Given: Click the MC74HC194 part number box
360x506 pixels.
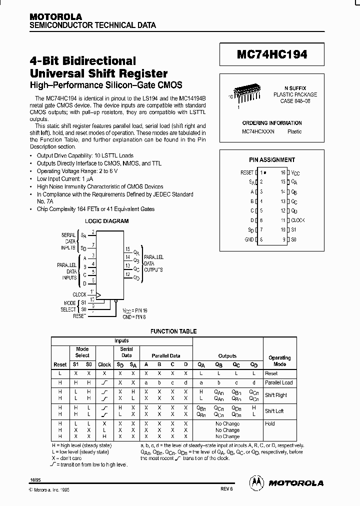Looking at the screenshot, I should [x=271, y=54].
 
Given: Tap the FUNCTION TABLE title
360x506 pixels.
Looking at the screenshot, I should [x=173, y=331].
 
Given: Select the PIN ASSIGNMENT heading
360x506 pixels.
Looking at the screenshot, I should [x=272, y=160].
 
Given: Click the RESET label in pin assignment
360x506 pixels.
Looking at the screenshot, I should [x=247, y=172].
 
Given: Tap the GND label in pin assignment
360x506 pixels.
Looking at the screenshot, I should [x=248, y=239].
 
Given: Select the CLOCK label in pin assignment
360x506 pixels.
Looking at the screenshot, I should [x=298, y=220].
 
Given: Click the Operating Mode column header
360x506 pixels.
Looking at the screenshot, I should [x=279, y=360].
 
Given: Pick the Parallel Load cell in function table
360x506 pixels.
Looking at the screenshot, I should [x=279, y=382].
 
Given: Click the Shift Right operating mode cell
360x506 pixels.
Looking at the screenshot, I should [x=276, y=395].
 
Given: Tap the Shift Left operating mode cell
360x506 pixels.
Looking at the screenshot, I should [x=274, y=411].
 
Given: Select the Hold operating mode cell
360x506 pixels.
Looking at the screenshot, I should [x=270, y=423].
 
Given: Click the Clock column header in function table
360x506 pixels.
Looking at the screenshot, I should [x=104, y=364].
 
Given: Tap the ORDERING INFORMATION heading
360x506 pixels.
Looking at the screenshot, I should [x=271, y=123].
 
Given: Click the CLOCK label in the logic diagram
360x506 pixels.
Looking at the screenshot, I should [x=79, y=294].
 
